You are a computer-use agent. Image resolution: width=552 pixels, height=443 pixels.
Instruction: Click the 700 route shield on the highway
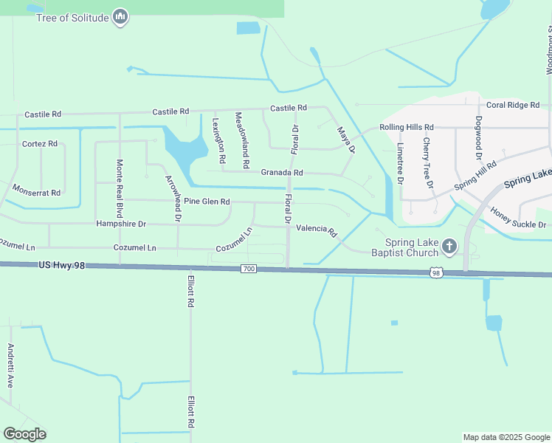248,269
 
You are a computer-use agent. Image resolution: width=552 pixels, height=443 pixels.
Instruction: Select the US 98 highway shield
436,273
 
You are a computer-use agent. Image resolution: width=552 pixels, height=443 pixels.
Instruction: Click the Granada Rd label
282,172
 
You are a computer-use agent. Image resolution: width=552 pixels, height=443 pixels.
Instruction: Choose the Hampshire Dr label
121,223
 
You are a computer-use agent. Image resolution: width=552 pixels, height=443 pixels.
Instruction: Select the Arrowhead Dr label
173,198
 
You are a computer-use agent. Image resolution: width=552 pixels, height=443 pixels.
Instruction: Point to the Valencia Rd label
317,230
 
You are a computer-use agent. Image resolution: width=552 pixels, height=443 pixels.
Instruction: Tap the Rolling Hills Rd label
407,127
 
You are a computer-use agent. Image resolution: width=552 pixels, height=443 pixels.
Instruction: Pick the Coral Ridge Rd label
513,105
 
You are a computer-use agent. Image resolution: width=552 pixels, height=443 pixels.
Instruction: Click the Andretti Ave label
10,366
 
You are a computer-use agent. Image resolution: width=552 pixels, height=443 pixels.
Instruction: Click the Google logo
24,433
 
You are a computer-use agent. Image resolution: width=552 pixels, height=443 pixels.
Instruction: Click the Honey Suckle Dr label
518,218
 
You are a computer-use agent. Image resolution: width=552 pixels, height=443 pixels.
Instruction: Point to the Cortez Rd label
39,143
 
